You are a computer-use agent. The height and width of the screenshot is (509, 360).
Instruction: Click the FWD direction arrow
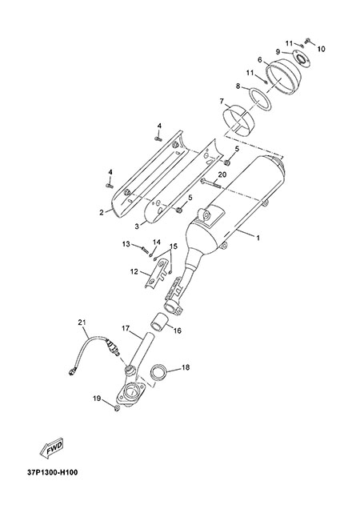point(51,449)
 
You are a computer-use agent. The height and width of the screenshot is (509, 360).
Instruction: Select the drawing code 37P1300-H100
point(53,472)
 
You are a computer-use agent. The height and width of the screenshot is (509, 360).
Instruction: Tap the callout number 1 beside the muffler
point(258,238)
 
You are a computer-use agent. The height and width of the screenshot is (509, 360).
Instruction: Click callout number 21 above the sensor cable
point(82,323)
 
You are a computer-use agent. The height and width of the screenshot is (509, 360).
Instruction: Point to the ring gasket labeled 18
point(158,371)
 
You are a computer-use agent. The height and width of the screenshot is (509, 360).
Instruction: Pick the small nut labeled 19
point(117,407)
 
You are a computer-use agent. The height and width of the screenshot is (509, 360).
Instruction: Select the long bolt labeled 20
point(210,183)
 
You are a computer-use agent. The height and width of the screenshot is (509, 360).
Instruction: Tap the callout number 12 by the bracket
point(134,271)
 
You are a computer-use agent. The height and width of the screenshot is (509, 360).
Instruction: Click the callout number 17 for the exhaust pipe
point(126,328)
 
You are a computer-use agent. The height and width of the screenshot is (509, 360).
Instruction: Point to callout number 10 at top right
point(321,49)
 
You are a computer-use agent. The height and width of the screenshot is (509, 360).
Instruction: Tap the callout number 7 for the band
point(222,102)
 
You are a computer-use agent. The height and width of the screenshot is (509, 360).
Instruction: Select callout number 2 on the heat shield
point(102,213)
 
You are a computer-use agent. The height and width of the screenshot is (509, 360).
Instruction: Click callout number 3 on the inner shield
point(136,226)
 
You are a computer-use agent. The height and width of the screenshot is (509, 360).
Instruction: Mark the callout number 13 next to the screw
point(126,244)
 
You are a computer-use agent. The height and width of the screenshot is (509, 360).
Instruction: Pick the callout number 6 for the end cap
point(260,60)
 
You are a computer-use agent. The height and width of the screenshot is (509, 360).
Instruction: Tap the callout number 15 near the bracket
point(174,246)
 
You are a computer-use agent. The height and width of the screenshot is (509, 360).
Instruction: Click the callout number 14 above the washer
point(157,242)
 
